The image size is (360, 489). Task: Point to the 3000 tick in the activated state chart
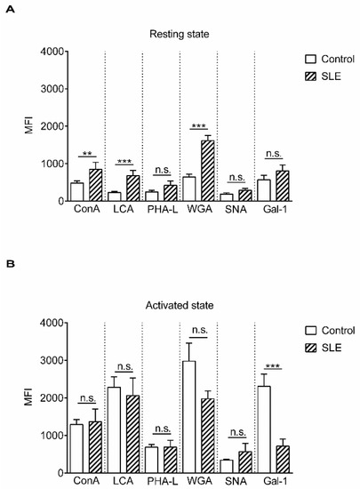pos(54,361)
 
